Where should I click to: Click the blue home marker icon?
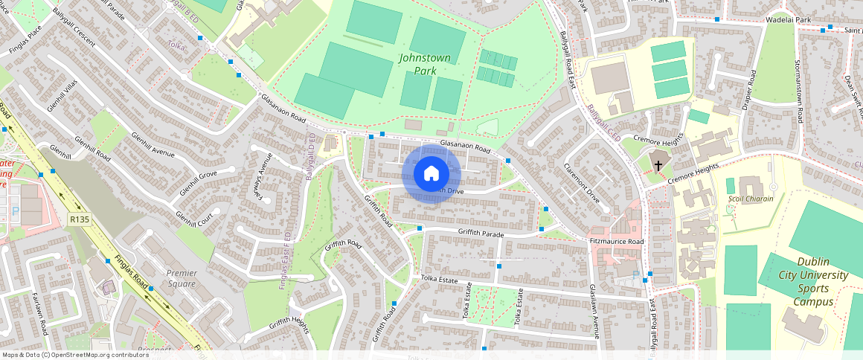pos(431,174)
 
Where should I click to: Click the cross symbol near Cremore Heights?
pos(658,164)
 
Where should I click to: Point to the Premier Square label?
pos(182,278)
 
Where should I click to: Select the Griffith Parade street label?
pos(481,234)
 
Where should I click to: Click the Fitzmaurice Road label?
pos(615,242)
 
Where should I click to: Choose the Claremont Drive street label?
pos(581,183)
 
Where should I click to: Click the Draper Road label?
pos(749,91)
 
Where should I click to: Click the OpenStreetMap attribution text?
pos(75,355)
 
